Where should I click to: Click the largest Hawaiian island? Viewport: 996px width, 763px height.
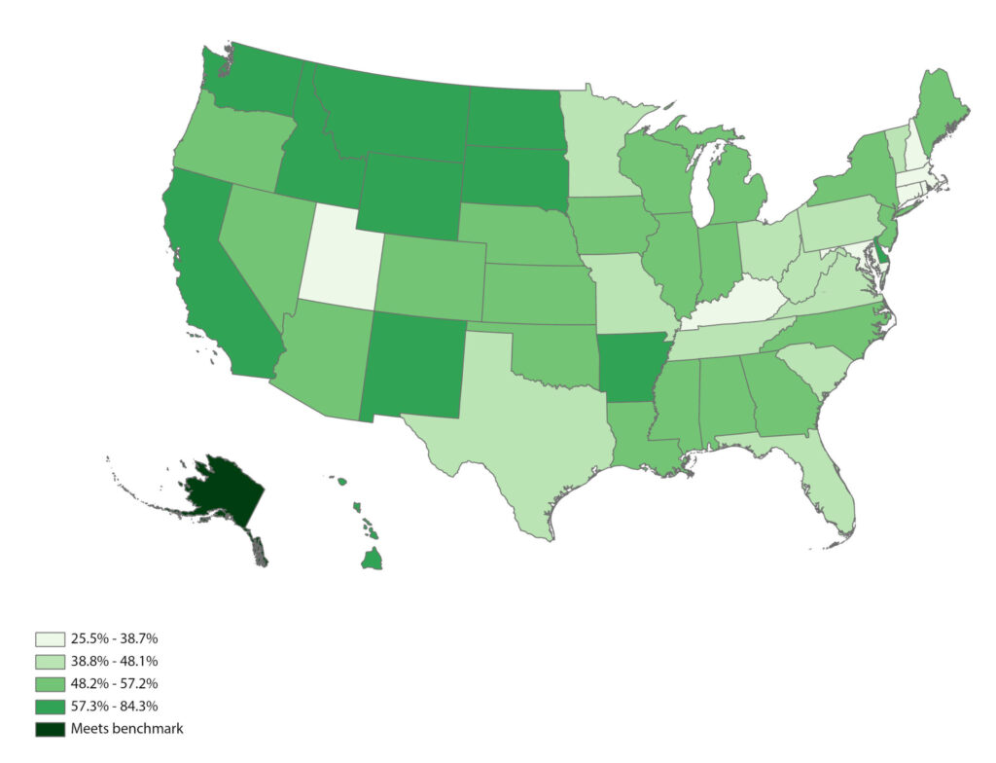point(372,559)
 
